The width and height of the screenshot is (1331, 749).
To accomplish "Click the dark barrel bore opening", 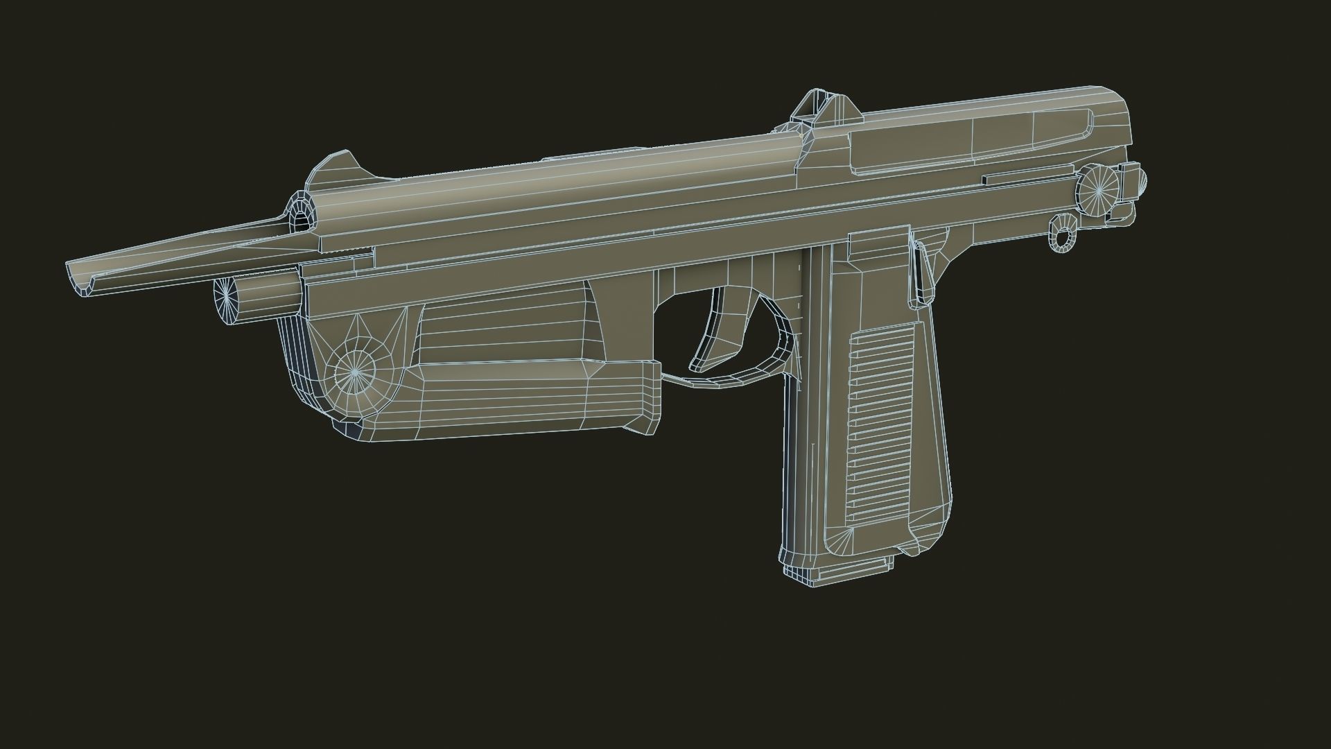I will click(x=300, y=221).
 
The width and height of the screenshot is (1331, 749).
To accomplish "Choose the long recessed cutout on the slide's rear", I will click(x=971, y=139).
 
